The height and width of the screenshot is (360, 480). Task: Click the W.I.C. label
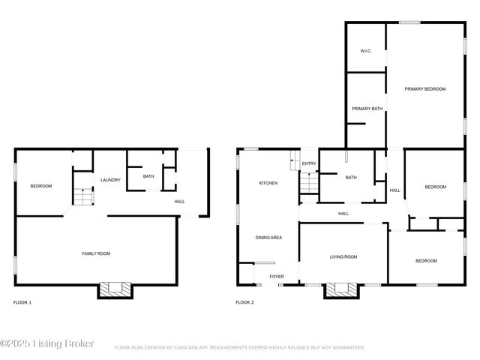point(366,51)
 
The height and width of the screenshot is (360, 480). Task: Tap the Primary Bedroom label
point(425,89)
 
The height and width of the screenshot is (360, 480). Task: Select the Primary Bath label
point(367,109)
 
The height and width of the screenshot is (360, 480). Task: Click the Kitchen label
point(268,183)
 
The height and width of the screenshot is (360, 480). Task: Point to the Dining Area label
point(268,238)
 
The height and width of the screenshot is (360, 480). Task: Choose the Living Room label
point(343,257)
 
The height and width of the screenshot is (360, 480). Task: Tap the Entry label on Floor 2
point(309,163)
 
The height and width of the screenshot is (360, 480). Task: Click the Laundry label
point(111,180)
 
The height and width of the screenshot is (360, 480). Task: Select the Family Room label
point(96,254)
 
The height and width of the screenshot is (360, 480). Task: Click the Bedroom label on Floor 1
point(41,186)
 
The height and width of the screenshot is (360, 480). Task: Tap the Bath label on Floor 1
point(148,177)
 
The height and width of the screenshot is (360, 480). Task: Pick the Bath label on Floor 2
point(351,178)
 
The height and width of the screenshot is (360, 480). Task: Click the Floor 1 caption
point(22,302)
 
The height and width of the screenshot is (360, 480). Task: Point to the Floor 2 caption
point(245,302)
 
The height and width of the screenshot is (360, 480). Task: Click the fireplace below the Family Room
point(115,289)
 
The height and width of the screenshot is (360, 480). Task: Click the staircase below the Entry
point(308,183)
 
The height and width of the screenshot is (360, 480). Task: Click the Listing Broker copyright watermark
point(47,343)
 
